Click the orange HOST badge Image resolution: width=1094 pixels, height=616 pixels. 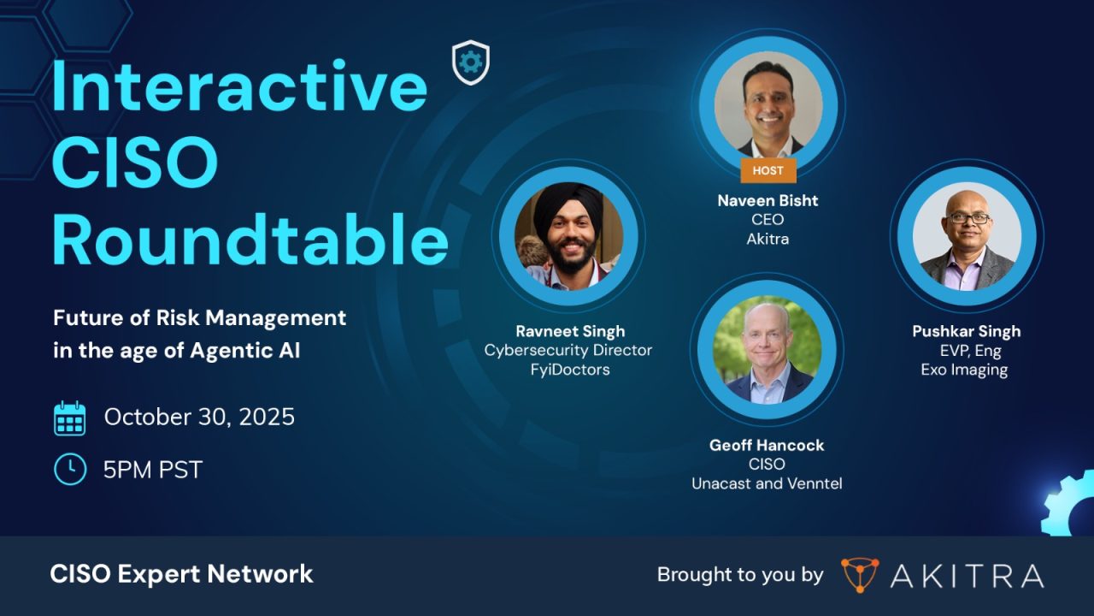pos(768,170)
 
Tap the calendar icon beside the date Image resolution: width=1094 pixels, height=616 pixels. pos(69,418)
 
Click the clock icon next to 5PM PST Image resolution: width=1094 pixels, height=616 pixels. pos(69,469)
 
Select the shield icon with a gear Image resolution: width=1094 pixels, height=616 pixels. pos(470,62)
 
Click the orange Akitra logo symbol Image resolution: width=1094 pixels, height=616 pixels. pos(859,575)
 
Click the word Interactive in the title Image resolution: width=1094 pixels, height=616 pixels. pos(239,86)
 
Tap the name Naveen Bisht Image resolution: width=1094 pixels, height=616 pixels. pos(768,200)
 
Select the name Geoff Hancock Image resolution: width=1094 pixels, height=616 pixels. pos(766,445)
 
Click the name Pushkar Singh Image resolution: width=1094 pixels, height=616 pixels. pos(966,331)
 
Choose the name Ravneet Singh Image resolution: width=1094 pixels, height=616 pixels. pos(569,331)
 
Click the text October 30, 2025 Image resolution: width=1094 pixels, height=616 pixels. pos(199,417)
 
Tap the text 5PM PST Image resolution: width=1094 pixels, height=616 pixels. pos(153,469)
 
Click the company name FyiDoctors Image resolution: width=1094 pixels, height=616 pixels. pos(568,370)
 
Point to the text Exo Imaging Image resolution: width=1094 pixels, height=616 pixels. pos(964,370)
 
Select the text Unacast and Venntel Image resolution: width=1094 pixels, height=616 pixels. pos(767,483)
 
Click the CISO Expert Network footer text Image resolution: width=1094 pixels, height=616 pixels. pos(181,574)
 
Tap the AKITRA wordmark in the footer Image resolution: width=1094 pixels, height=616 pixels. pos(967,576)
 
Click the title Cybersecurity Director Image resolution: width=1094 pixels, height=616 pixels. pos(568,350)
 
